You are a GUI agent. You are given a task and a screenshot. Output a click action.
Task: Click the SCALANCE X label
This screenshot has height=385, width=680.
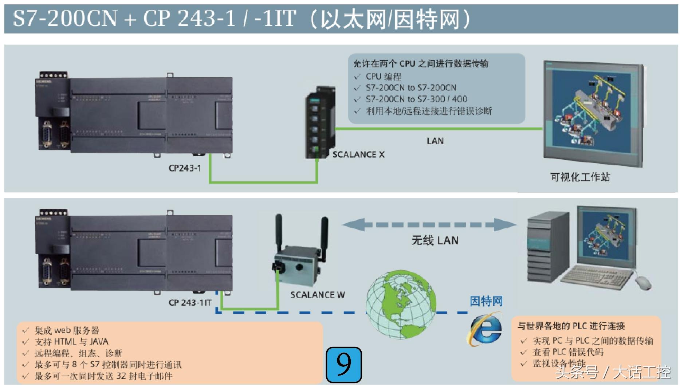click(x=358, y=154)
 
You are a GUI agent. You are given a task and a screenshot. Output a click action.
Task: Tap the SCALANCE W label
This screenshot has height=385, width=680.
click(x=317, y=295)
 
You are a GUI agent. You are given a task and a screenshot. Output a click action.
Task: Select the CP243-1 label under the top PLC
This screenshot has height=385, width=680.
click(x=185, y=168)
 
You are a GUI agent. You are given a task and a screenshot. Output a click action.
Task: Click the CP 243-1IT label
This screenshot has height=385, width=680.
click(x=190, y=303)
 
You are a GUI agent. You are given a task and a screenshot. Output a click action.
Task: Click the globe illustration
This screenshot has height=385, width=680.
click(x=401, y=304)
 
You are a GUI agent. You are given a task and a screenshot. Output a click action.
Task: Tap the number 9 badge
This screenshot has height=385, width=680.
click(x=343, y=365)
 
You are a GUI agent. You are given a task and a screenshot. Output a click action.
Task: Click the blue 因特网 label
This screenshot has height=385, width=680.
click(x=486, y=301)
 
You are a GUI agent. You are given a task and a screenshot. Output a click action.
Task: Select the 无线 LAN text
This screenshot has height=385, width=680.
click(x=435, y=240)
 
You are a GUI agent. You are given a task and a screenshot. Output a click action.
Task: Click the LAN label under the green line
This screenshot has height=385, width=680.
click(x=435, y=141)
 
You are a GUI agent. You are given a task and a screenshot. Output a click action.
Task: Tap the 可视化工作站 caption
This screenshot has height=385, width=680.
click(x=580, y=177)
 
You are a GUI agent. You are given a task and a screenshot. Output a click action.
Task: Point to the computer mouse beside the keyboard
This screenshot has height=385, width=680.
click(x=643, y=282)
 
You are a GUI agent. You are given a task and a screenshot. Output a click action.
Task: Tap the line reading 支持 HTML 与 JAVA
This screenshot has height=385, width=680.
click(x=71, y=342)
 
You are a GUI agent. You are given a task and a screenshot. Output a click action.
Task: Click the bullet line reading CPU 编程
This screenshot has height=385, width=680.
click(x=384, y=76)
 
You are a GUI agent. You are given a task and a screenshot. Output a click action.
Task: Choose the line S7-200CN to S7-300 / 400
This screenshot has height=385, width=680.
click(x=416, y=99)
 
